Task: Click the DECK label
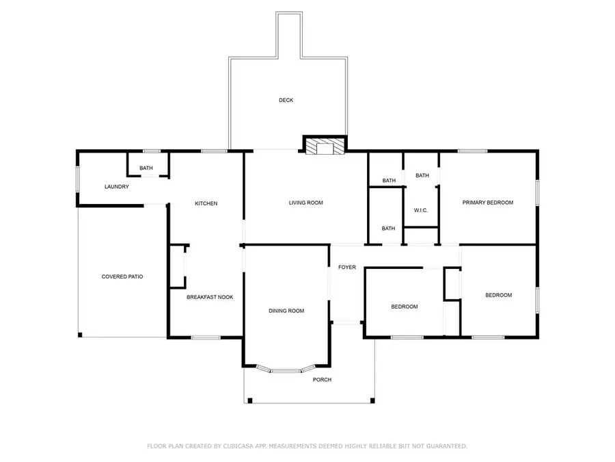click(286, 101)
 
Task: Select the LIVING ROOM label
click(305, 203)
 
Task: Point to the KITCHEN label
click(206, 203)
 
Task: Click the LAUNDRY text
click(116, 187)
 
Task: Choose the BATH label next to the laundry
click(146, 168)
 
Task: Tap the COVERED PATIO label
click(122, 277)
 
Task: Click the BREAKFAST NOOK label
click(210, 297)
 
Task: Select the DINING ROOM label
click(286, 311)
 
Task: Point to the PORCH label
click(322, 380)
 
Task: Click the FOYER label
click(346, 267)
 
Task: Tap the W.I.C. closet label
click(420, 209)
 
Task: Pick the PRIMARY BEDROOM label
click(487, 203)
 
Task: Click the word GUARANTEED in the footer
click(443, 446)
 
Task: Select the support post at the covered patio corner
click(80, 335)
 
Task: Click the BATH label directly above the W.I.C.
click(422, 176)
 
